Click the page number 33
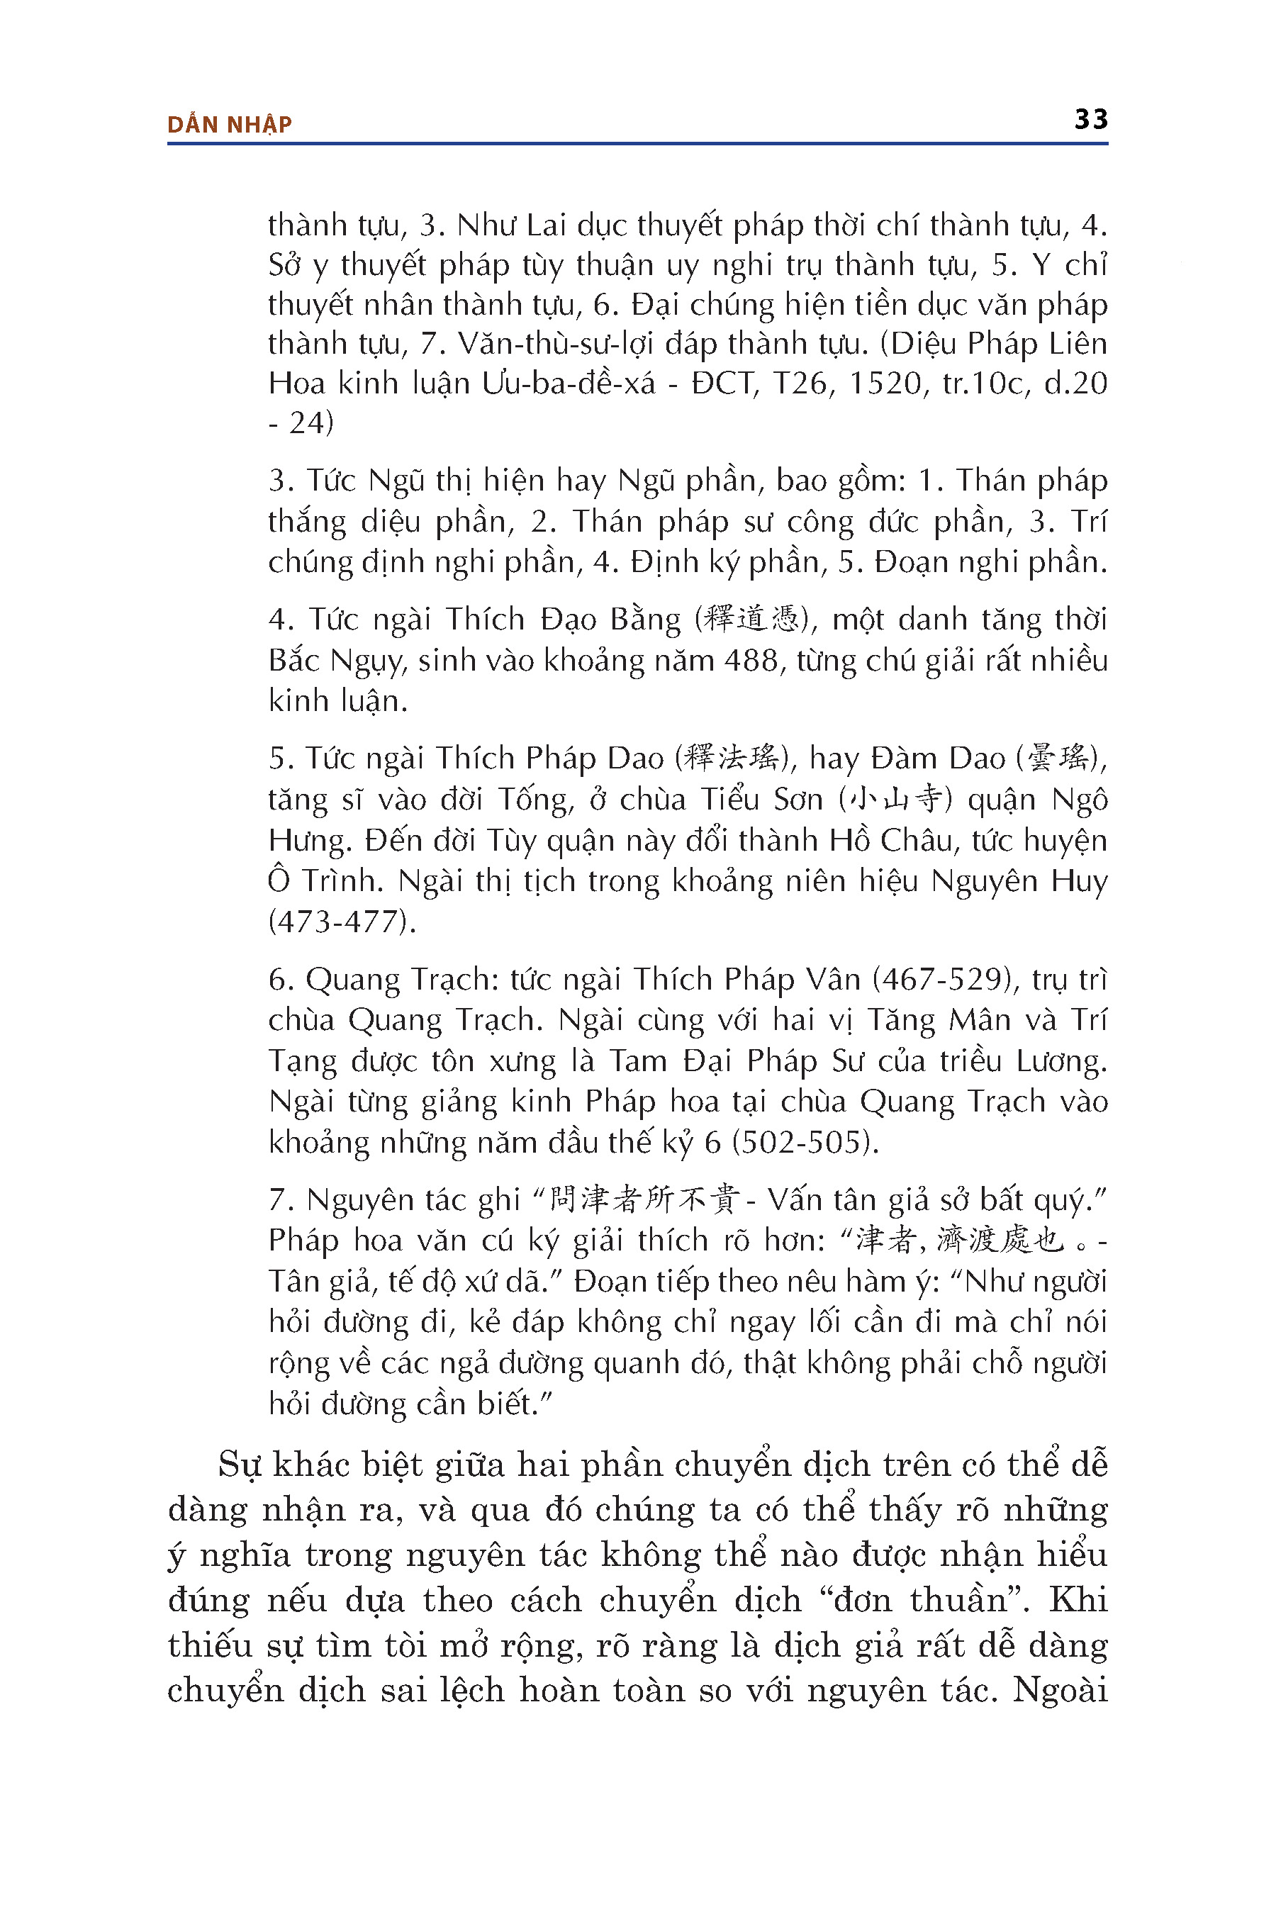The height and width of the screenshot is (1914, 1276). click(x=1090, y=120)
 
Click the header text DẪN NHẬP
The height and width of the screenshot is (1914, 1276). click(x=230, y=125)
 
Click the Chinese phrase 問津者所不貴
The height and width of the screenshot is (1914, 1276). click(x=644, y=1200)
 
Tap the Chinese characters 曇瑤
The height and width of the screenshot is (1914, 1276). click(x=1057, y=759)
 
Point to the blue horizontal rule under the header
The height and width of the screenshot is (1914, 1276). click(x=637, y=144)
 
